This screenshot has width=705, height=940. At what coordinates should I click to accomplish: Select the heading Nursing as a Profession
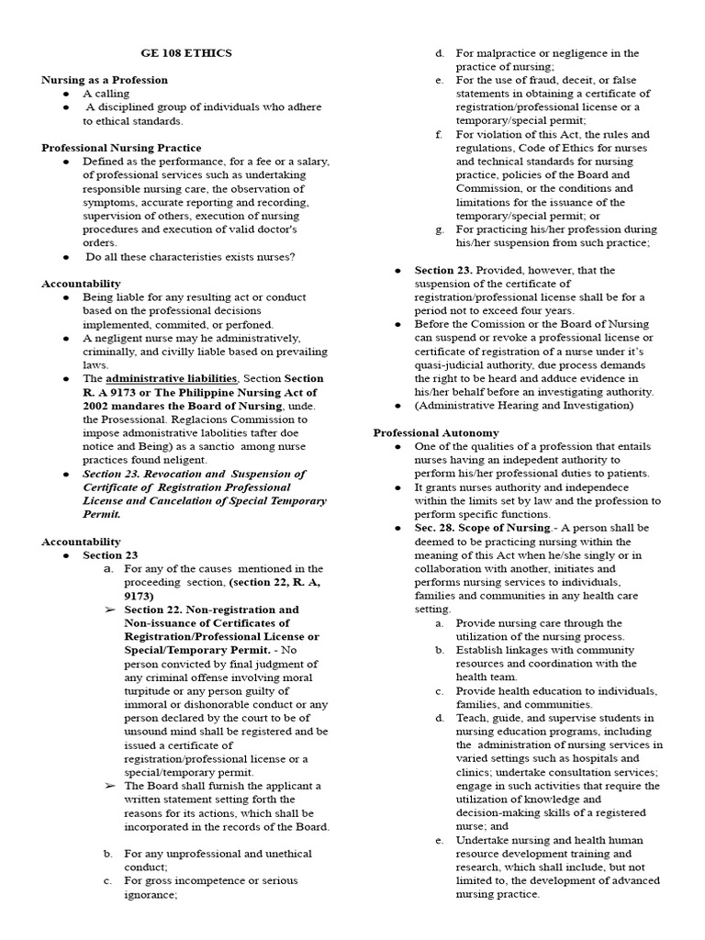click(104, 80)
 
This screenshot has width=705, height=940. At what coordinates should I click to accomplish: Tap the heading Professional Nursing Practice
click(121, 148)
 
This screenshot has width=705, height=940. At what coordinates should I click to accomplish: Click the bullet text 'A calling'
click(106, 94)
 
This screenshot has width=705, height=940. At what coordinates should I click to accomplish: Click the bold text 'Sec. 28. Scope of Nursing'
click(480, 528)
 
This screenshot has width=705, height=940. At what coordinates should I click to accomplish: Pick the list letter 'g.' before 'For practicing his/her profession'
click(440, 229)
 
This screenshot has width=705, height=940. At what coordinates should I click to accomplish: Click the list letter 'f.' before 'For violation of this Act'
click(440, 134)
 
